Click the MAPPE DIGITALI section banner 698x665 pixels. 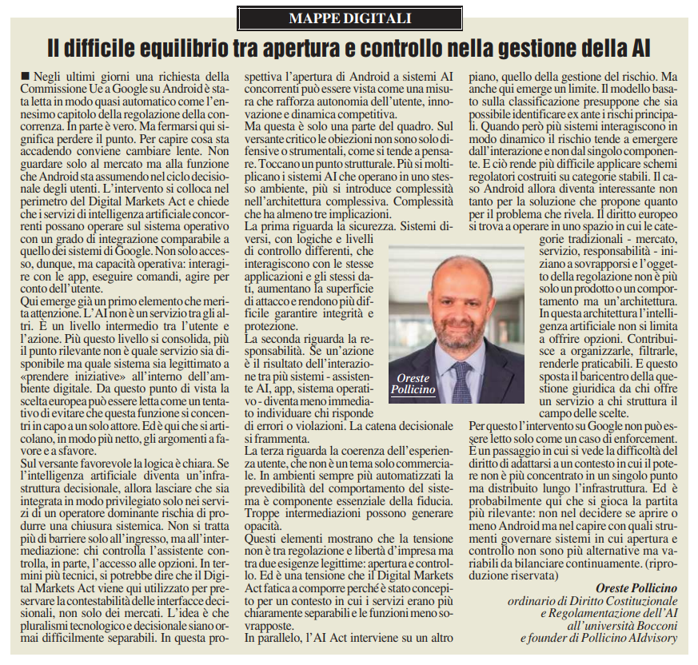(x=349, y=16)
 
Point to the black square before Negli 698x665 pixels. (x=28, y=75)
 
